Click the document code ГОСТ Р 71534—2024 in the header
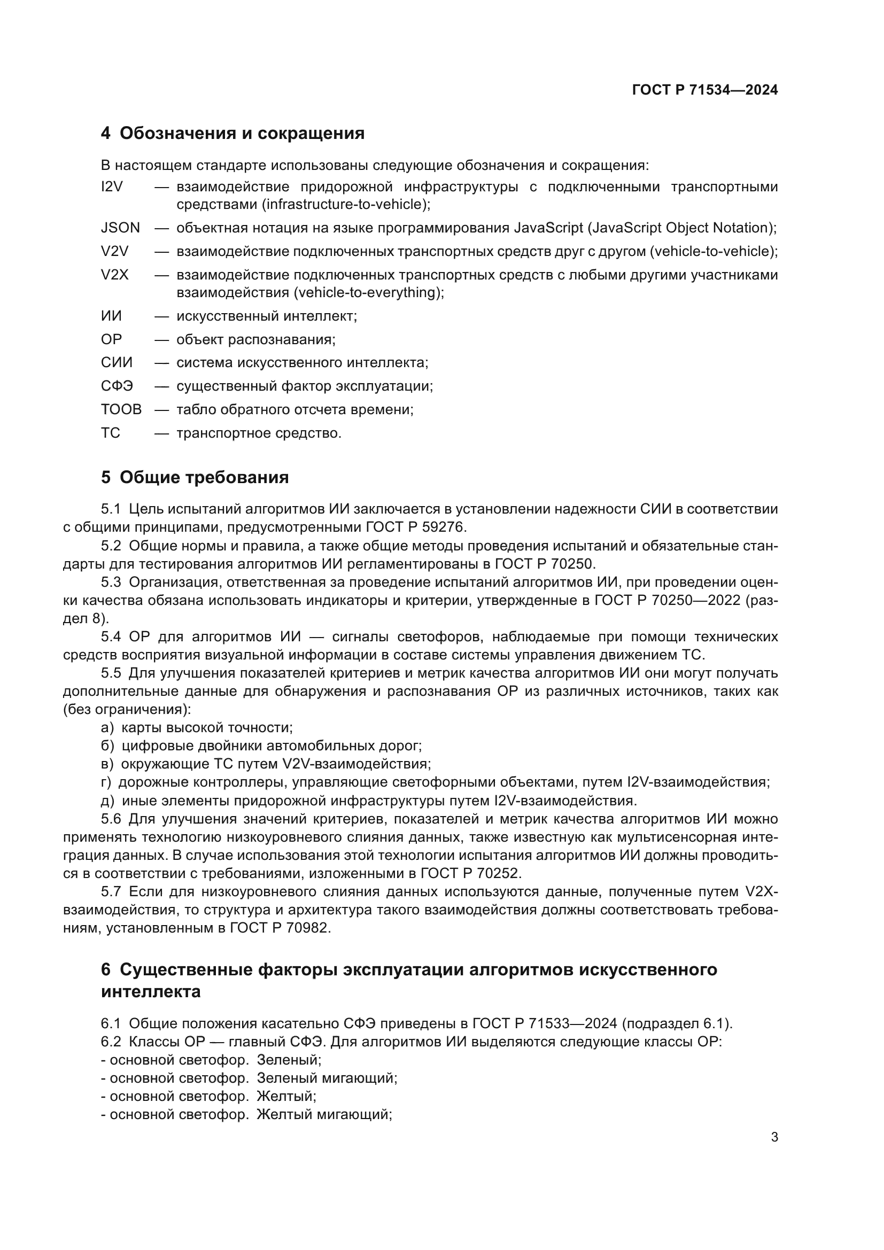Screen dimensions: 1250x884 point(704,90)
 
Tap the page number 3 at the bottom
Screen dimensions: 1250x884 point(774,1137)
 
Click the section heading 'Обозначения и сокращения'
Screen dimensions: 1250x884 point(242,133)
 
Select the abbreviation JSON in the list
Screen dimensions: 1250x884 point(120,228)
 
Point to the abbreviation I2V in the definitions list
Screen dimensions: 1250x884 point(112,187)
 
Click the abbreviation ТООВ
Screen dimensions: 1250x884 point(121,409)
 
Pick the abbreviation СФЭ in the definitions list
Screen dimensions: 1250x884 point(117,386)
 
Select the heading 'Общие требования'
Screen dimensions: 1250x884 point(204,477)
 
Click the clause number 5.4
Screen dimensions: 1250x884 point(111,636)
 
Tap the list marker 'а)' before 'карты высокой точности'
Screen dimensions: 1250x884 point(107,727)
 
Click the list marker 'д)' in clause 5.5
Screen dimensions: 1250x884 point(107,801)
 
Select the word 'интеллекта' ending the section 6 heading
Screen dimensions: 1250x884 point(151,991)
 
